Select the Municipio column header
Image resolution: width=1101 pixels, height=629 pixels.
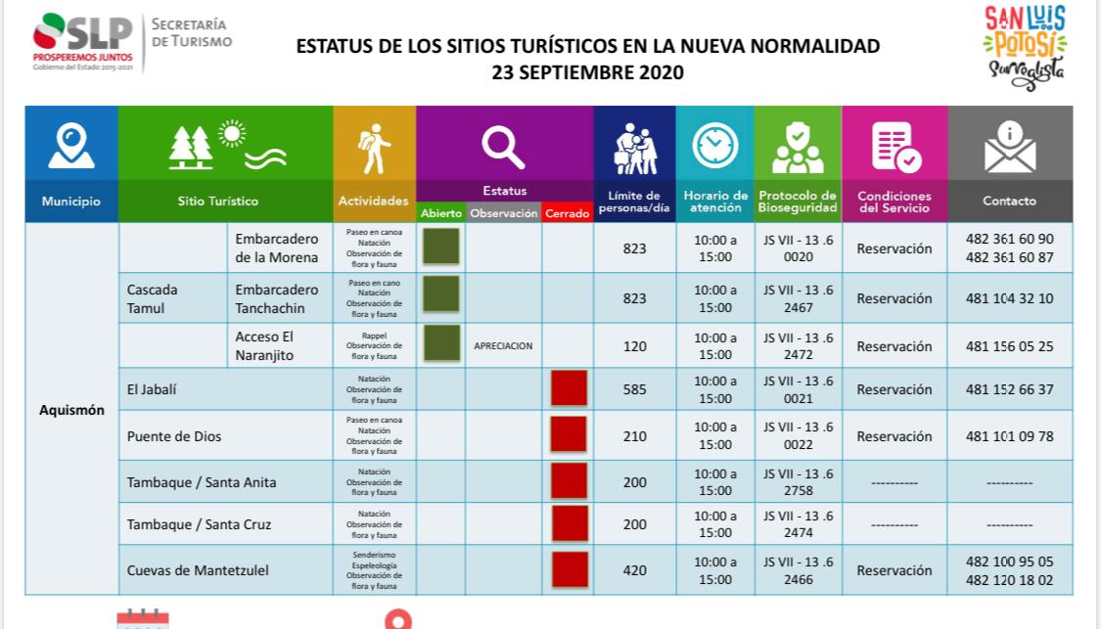coord(70,202)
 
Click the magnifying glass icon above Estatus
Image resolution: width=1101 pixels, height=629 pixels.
coord(504,149)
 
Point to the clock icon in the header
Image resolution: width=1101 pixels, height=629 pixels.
coord(714,148)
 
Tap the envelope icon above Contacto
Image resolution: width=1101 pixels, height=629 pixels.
coord(1008,149)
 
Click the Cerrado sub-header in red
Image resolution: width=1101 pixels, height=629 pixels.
coord(568,213)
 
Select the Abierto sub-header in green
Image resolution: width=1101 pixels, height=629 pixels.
coord(441,213)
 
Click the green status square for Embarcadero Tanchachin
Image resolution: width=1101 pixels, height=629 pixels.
coord(441,292)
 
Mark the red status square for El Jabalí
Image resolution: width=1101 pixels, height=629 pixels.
coord(569,388)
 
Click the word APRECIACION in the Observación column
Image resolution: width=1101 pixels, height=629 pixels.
coord(503,345)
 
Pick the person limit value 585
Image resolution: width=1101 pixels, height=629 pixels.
coord(635,389)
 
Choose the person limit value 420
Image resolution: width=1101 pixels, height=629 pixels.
coord(635,570)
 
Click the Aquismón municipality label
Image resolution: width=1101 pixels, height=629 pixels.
coord(70,410)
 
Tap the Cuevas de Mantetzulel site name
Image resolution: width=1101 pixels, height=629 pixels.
coord(199,570)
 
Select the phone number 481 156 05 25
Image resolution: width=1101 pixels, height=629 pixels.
coord(1009,345)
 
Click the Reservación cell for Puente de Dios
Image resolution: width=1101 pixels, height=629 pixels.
coord(894,436)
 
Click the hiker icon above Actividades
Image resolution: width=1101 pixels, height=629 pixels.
coord(374,148)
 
